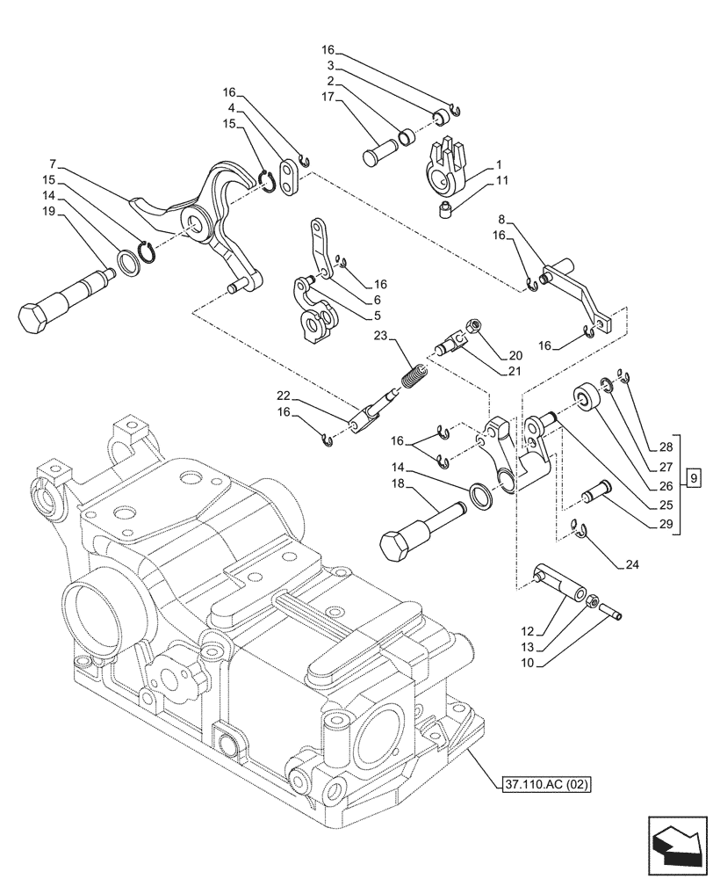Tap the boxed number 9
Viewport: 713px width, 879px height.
click(x=694, y=478)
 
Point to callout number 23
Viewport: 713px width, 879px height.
click(x=379, y=335)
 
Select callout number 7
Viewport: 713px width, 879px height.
click(x=54, y=163)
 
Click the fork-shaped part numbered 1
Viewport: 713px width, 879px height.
click(x=447, y=163)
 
